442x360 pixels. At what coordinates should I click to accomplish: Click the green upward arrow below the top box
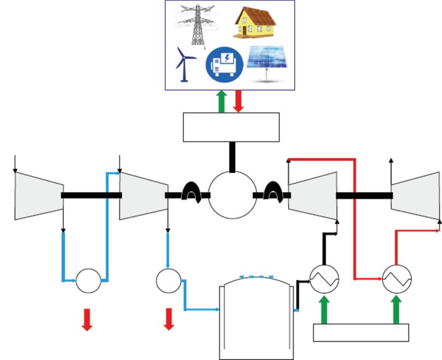click(x=220, y=102)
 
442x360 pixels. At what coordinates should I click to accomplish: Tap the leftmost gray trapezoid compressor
click(x=39, y=195)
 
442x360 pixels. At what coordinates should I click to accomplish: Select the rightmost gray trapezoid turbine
click(x=415, y=195)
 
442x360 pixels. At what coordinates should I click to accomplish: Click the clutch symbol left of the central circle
click(x=191, y=193)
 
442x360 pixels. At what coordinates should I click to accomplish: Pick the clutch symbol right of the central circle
click(x=271, y=193)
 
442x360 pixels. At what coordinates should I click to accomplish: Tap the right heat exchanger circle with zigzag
click(x=397, y=279)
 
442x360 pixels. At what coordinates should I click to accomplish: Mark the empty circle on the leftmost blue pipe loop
click(x=88, y=280)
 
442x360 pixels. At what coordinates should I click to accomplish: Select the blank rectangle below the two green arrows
click(x=361, y=332)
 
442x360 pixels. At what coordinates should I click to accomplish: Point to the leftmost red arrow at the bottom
click(x=87, y=319)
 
